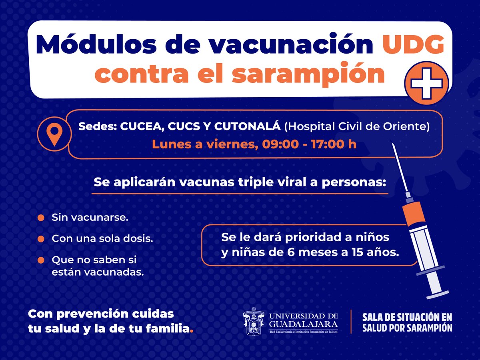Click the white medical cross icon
pyautogui.click(x=426, y=83)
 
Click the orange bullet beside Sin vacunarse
pyautogui.click(x=40, y=218)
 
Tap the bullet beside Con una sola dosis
pyautogui.click(x=40, y=239)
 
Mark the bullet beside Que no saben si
pyautogui.click(x=40, y=260)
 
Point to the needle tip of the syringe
pyautogui.click(x=394, y=148)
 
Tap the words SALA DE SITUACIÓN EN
pyautogui.click(x=407, y=317)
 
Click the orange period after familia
pyautogui.click(x=192, y=331)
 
